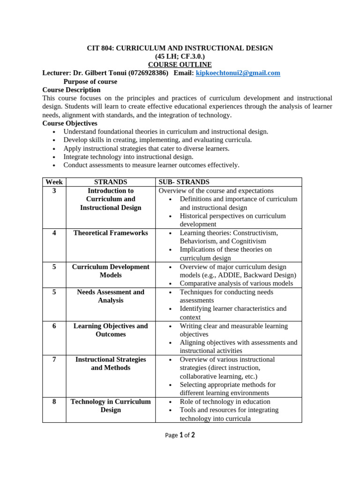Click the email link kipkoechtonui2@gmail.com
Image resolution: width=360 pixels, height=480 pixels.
238,73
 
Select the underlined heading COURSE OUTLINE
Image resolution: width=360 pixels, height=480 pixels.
180,65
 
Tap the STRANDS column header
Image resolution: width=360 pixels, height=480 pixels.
111,182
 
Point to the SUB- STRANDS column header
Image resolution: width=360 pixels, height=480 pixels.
184,182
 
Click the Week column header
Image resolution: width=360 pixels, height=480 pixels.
54,182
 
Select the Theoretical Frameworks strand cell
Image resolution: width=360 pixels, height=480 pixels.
111,233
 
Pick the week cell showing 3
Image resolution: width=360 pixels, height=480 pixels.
54,191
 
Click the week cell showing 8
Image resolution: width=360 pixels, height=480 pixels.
54,402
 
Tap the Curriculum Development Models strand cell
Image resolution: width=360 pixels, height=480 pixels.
111,271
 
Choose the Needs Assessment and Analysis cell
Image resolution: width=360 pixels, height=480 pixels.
111,296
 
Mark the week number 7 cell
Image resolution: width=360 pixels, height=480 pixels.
54,360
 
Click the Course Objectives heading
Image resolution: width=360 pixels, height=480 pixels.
70,123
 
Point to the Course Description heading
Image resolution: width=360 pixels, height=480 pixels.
71,90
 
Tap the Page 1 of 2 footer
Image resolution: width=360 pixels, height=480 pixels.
180,435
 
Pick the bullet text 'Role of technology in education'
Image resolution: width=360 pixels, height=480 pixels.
225,402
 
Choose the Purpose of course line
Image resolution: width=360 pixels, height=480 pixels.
90,82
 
